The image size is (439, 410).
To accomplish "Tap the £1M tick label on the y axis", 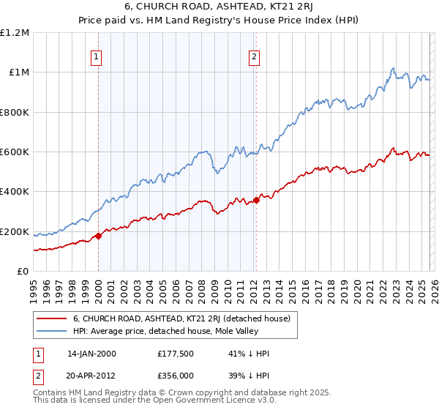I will click(x=17, y=72).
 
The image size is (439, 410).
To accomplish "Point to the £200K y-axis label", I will click(x=14, y=232).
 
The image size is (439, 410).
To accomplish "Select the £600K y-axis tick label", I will click(x=14, y=152).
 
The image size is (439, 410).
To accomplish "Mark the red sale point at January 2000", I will click(x=98, y=236).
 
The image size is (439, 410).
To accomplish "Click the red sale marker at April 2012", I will click(x=256, y=200).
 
